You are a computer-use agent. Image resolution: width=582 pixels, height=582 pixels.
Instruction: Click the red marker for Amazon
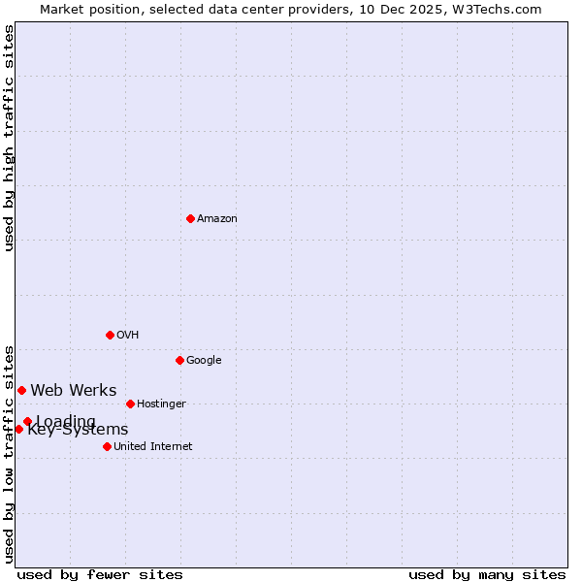pos(190,218)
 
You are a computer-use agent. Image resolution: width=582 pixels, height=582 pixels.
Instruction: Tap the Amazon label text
pos(217,219)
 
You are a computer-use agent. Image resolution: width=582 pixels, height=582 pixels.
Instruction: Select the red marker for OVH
pos(110,335)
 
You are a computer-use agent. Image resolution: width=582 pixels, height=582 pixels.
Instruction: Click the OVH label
pos(128,336)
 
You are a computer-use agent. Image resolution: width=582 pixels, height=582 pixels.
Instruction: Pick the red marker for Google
pos(179,360)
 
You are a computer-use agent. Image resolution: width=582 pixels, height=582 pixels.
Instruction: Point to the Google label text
pos(204,361)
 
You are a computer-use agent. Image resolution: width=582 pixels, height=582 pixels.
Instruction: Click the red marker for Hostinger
pos(130,404)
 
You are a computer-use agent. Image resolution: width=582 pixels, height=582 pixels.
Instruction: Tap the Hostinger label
pos(161,404)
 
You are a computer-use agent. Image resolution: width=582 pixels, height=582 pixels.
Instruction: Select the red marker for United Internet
pos(107,446)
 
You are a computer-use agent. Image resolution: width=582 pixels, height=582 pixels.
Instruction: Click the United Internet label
pos(153,447)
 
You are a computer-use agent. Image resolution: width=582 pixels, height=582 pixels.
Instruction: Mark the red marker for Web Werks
pos(21,390)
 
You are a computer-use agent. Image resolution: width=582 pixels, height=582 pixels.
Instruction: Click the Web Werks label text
pos(74,391)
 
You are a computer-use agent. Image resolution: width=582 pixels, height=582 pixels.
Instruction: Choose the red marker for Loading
pos(27,421)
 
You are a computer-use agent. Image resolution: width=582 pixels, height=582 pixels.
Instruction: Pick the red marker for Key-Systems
pos(18,429)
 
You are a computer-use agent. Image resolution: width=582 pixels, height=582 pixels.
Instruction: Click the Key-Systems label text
pos(78,431)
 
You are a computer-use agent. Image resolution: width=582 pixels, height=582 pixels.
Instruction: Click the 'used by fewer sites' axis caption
pos(100,575)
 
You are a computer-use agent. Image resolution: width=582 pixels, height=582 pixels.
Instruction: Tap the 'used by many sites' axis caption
pos(487,575)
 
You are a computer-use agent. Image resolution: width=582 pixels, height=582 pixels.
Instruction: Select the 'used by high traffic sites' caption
pos(10,138)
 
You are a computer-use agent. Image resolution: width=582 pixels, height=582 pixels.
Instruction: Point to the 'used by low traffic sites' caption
pos(10,453)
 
